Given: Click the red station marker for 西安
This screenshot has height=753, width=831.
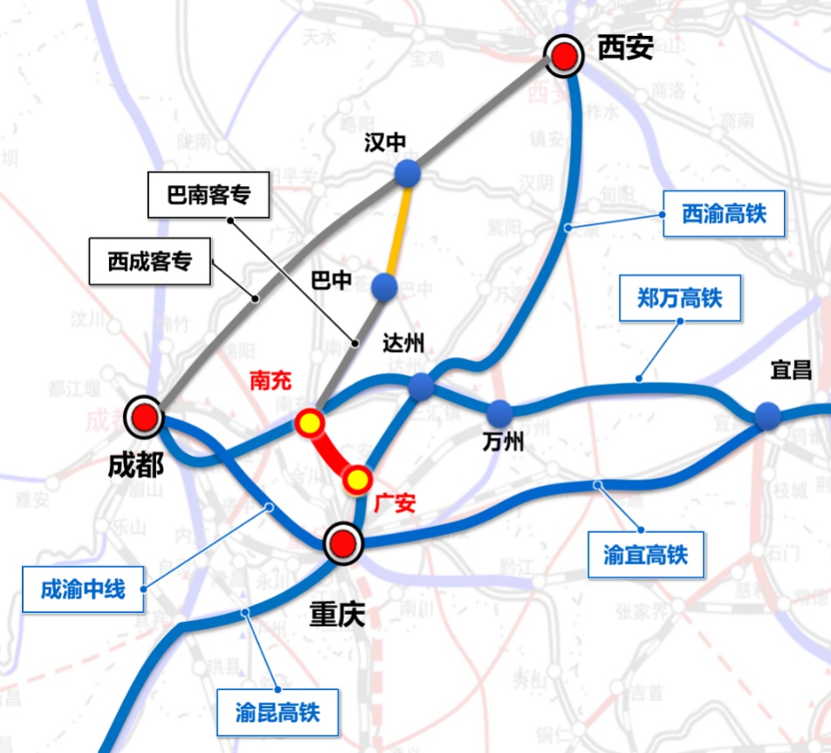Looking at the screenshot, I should (x=565, y=56).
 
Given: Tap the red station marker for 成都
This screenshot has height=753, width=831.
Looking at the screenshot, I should (x=144, y=418).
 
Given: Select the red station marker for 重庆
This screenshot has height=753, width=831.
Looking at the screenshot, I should (x=341, y=543).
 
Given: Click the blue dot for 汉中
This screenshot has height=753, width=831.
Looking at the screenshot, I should (x=407, y=173).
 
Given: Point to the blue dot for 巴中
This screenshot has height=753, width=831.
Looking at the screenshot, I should (x=384, y=286).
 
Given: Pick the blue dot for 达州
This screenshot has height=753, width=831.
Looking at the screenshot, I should (x=421, y=385).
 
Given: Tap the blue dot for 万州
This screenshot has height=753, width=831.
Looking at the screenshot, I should (x=499, y=412).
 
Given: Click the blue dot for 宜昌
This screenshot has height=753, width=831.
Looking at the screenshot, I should (x=767, y=415).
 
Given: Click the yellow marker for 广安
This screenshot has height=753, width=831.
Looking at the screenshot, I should (x=356, y=479).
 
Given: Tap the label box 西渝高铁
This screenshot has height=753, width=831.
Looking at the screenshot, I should (x=723, y=213).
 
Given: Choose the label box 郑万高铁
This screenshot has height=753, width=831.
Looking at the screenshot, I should (x=679, y=299).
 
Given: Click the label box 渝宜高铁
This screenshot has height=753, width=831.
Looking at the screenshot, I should (x=645, y=554).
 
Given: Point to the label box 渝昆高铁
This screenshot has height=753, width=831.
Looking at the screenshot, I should (x=277, y=712).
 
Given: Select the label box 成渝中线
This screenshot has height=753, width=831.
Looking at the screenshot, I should (x=83, y=590).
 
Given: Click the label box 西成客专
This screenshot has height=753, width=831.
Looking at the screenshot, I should (x=149, y=261).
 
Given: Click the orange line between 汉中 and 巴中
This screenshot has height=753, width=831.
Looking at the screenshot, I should (x=396, y=229).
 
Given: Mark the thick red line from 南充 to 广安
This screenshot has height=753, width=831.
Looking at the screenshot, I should (x=333, y=452).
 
